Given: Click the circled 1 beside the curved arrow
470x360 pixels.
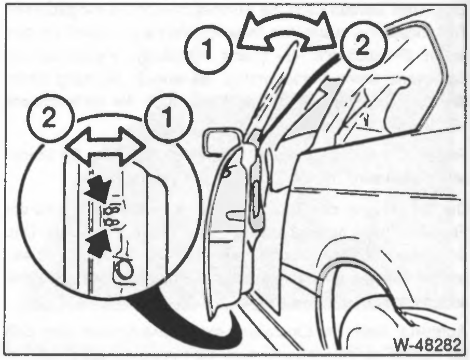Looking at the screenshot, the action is click(208, 50).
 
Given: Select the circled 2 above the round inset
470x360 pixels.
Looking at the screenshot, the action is click(50, 118).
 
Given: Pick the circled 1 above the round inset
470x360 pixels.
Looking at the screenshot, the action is click(168, 118).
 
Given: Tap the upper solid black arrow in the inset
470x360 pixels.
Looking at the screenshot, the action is click(99, 189).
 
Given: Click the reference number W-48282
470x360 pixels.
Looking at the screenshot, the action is click(427, 345).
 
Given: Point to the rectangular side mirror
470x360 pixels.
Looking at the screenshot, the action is click(223, 142).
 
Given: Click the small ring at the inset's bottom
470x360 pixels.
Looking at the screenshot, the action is click(123, 268).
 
